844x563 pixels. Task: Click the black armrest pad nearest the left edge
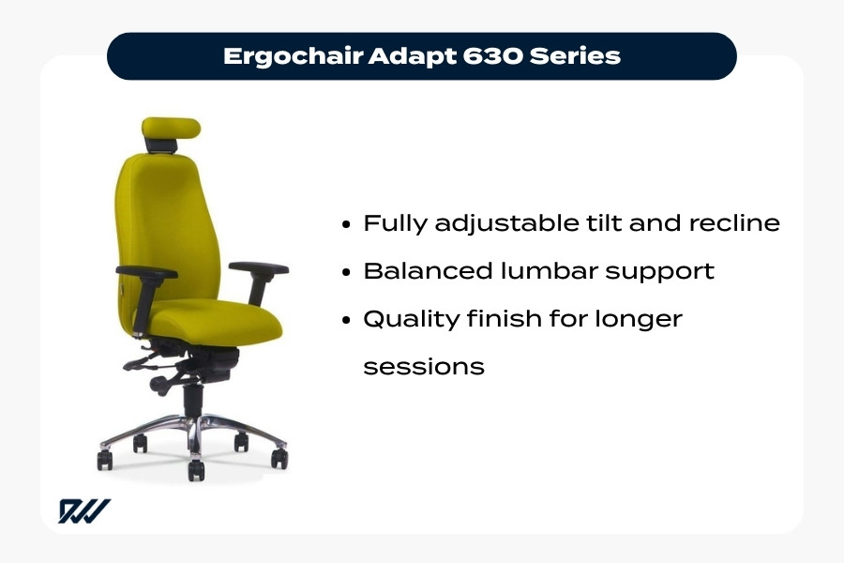pyautogui.click(x=146, y=274)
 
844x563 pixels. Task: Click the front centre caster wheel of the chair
pyautogui.click(x=195, y=467)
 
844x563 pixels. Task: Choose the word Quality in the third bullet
pyautogui.click(x=412, y=320)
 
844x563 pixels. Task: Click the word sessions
pyautogui.click(x=423, y=366)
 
